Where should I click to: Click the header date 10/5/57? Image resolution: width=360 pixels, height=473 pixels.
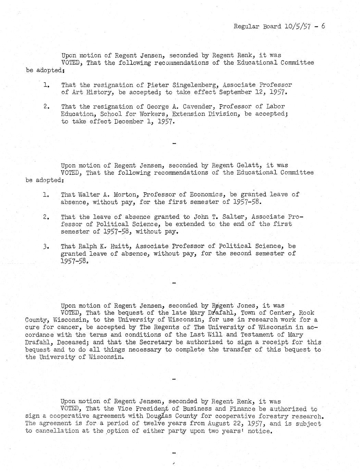tap(297, 26)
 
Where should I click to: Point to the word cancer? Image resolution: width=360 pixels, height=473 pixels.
tap(67, 327)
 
